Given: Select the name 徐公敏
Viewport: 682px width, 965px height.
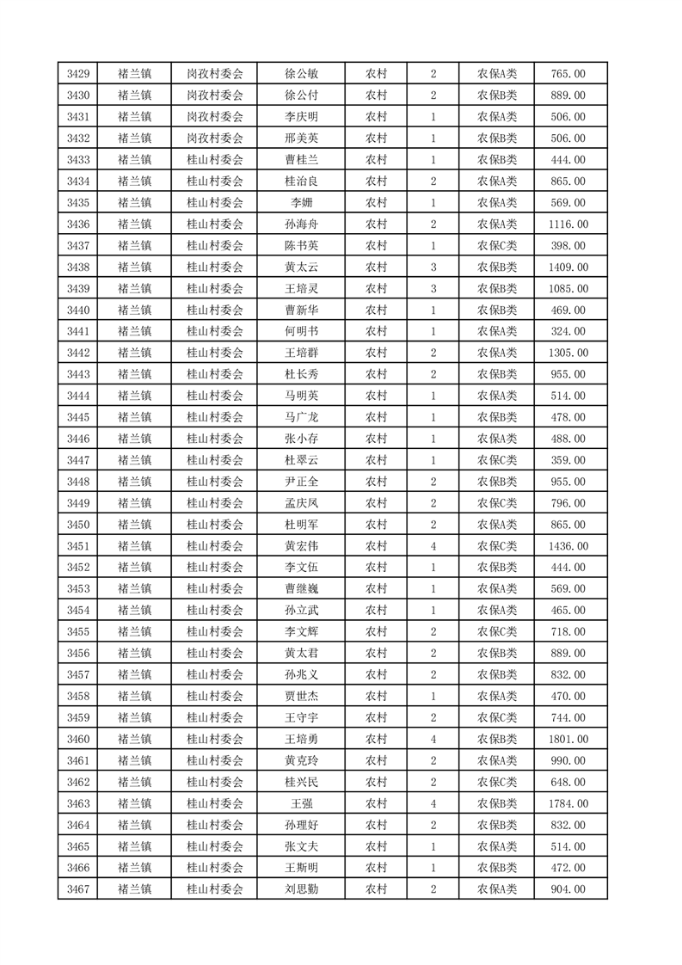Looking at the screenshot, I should pos(301,74).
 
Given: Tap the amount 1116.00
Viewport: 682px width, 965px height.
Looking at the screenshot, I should pos(568,224).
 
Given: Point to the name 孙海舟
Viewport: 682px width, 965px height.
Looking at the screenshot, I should pos(301,224).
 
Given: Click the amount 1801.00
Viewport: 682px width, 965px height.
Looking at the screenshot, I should pos(568,739).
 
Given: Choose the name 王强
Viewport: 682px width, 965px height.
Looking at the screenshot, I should pos(301,803).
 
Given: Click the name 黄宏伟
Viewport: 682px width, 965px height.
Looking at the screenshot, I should pos(301,546).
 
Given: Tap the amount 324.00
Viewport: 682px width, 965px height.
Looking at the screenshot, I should pos(568,331).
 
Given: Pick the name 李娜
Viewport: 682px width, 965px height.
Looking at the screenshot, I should pos(301,203).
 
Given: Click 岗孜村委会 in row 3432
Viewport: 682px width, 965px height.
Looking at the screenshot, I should pos(215,138).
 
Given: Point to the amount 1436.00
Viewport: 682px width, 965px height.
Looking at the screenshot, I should pos(568,546).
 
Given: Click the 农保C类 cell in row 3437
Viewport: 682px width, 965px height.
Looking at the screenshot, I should pos(497,246).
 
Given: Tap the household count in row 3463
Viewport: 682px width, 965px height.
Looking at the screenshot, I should pos(433,803).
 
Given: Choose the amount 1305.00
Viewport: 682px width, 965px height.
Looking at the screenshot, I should pos(568,353).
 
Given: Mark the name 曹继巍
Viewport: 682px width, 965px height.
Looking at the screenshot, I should pos(301,589).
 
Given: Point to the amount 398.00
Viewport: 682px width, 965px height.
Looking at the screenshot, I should pos(568,246).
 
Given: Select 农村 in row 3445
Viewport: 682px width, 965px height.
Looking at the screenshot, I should pos(376,417).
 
